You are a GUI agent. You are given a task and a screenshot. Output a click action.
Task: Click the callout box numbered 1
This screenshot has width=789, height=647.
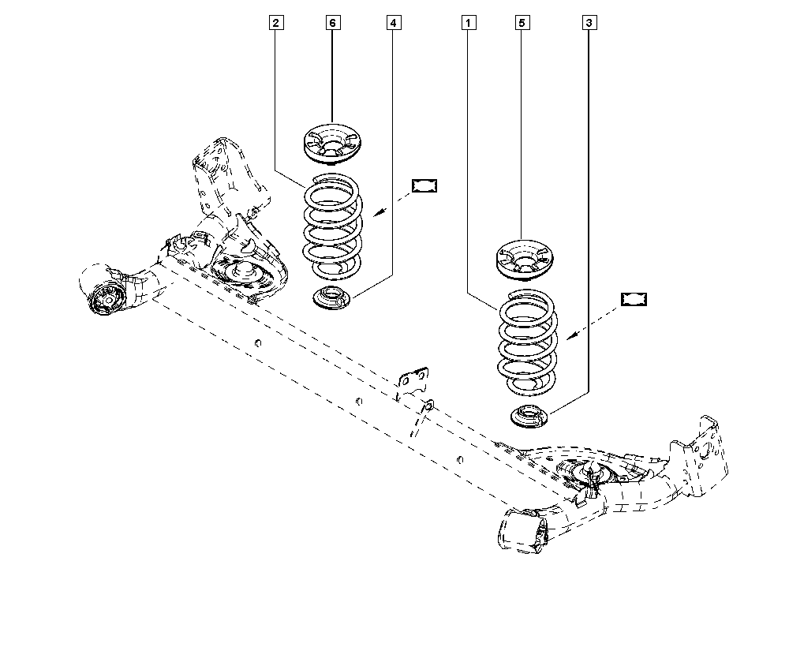point(469,24)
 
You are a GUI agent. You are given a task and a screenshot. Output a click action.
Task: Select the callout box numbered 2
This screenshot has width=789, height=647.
point(275,24)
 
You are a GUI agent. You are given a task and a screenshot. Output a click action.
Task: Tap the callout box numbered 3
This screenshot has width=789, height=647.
point(589,24)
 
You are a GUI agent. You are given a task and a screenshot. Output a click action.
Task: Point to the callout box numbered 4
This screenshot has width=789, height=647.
point(393,24)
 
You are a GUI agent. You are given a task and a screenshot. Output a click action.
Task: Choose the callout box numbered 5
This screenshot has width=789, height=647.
point(521,24)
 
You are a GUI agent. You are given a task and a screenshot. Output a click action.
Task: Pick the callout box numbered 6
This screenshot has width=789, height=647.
point(332,24)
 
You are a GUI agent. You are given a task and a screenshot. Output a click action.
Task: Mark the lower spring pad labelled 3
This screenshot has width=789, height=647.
point(525,416)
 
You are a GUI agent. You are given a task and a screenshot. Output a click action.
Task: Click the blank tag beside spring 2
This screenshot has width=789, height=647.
point(424,186)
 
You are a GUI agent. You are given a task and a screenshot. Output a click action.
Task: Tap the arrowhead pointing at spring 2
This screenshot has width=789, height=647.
point(377,213)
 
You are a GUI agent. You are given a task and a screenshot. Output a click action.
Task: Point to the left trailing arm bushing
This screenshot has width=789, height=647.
point(104,298)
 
